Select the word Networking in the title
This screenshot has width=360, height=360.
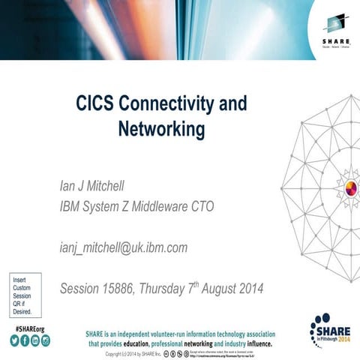point(161,129)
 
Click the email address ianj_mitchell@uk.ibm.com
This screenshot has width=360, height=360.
point(124,247)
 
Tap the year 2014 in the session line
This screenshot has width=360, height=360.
point(248,288)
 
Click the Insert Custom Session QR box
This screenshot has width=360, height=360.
point(25,295)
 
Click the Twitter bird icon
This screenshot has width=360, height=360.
point(14,341)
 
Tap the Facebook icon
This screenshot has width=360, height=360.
point(25,341)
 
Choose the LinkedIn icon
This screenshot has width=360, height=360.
point(35,341)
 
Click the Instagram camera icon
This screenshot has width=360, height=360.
point(46,341)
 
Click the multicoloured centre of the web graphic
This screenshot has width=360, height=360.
point(349,187)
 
